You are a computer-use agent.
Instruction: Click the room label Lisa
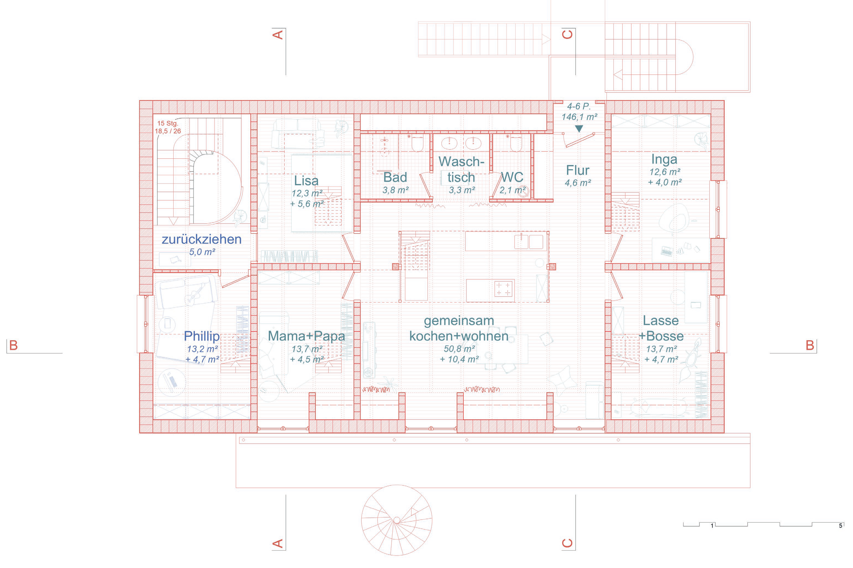(x=306, y=180)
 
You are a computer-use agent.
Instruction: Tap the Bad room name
(x=395, y=177)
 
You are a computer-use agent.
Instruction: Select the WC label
(x=512, y=177)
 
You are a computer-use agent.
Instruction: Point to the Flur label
(x=578, y=170)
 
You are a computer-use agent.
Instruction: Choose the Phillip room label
(x=202, y=336)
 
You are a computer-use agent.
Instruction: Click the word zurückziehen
(x=202, y=239)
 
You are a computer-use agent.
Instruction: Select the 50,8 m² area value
(x=459, y=349)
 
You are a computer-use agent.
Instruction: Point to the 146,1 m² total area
(x=579, y=117)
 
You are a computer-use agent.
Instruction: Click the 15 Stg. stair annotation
(x=168, y=123)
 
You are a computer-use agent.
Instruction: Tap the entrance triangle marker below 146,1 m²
(x=579, y=128)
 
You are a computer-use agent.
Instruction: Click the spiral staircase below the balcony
(x=397, y=520)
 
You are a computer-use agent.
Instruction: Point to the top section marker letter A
(x=277, y=35)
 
